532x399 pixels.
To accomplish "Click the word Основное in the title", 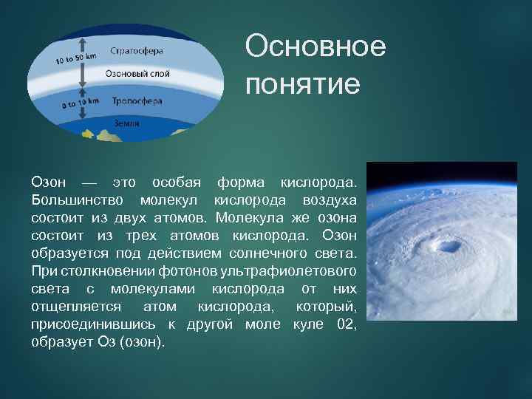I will tap(316, 47).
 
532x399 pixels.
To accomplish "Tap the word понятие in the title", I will tap(303, 84).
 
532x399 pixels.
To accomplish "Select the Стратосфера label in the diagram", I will tap(137, 52).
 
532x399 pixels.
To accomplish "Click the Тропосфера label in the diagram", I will tap(137, 100).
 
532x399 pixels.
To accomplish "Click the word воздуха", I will tap(330, 201).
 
